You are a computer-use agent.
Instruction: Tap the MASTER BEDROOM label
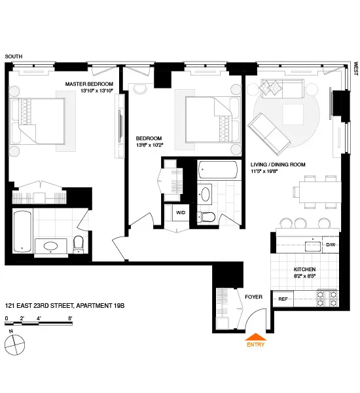pos(88,84)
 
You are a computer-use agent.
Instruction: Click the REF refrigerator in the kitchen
pos(283,299)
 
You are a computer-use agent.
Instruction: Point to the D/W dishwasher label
pos(331,245)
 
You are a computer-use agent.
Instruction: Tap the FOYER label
pos(253,297)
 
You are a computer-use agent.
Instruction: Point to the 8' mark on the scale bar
pos(70,318)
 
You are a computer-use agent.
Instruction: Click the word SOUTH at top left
pos(14,57)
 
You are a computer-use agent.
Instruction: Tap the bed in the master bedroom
pos(39,121)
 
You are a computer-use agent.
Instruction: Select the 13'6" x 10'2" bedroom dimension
pos(149,145)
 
